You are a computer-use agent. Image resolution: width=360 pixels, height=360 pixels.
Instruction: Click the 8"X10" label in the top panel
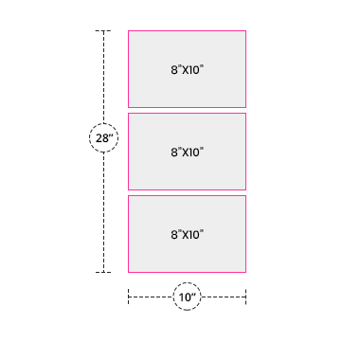(x=187, y=69)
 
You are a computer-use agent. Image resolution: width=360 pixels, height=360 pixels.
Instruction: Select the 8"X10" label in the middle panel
(x=187, y=152)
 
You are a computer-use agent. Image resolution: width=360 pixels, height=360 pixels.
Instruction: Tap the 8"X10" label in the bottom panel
(x=187, y=234)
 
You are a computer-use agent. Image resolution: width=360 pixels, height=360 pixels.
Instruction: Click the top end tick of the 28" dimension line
(x=103, y=31)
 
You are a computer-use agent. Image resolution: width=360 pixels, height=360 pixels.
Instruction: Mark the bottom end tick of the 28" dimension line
(x=103, y=272)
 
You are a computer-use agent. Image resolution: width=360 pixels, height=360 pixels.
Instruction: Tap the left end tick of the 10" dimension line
(x=128, y=297)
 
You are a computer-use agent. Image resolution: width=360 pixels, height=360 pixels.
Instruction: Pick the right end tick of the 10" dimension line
(x=245, y=297)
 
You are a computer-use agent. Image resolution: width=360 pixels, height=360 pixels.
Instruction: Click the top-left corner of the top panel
(x=128, y=31)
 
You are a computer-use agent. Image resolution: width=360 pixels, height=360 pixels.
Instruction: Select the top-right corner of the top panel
(x=245, y=31)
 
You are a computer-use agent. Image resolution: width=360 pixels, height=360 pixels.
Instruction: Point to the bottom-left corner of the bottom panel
(x=128, y=272)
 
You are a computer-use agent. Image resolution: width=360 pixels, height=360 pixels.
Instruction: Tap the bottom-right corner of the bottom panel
(x=245, y=272)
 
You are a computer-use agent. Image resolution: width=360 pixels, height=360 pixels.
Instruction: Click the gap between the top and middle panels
(x=187, y=110)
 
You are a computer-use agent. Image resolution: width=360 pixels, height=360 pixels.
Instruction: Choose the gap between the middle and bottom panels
(x=187, y=192)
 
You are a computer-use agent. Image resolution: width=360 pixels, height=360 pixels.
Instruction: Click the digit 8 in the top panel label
(x=174, y=70)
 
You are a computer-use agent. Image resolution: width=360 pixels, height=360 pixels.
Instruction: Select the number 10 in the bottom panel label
(x=194, y=235)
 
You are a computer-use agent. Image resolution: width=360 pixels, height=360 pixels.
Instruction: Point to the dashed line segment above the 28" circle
(x=103, y=77)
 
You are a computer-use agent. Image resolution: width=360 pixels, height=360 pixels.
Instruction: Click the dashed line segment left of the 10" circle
(x=151, y=297)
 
